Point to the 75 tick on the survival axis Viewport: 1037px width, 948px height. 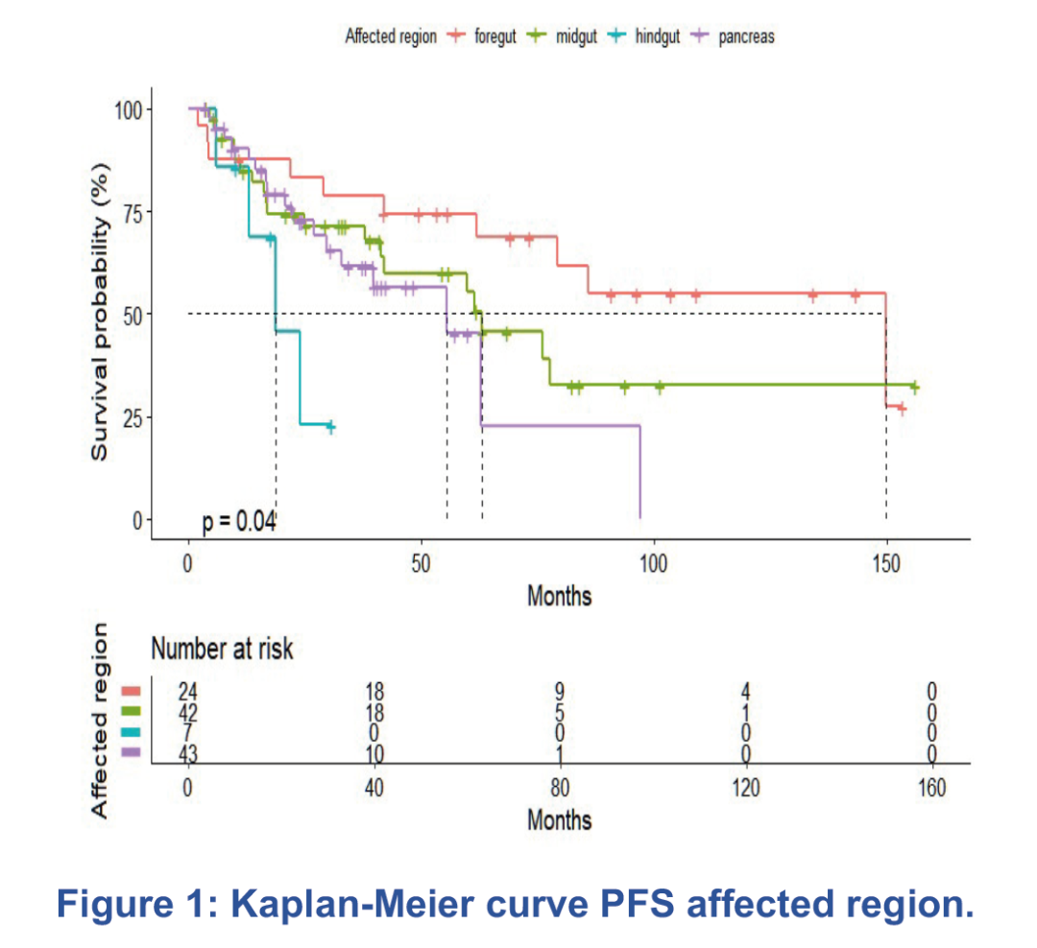click(133, 212)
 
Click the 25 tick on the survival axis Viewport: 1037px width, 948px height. click(133, 417)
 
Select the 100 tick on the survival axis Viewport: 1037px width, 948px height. click(129, 109)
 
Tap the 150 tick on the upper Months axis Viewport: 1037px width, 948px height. click(885, 560)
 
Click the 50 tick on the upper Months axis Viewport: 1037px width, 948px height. click(421, 560)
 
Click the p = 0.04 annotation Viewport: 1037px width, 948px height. click(239, 521)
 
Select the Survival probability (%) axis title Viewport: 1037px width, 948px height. click(101, 313)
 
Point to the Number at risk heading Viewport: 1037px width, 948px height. click(222, 650)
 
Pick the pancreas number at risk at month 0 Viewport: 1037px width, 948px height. click(188, 754)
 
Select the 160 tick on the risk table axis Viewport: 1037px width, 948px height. click(932, 789)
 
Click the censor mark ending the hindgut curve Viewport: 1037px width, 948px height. click(330, 426)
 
